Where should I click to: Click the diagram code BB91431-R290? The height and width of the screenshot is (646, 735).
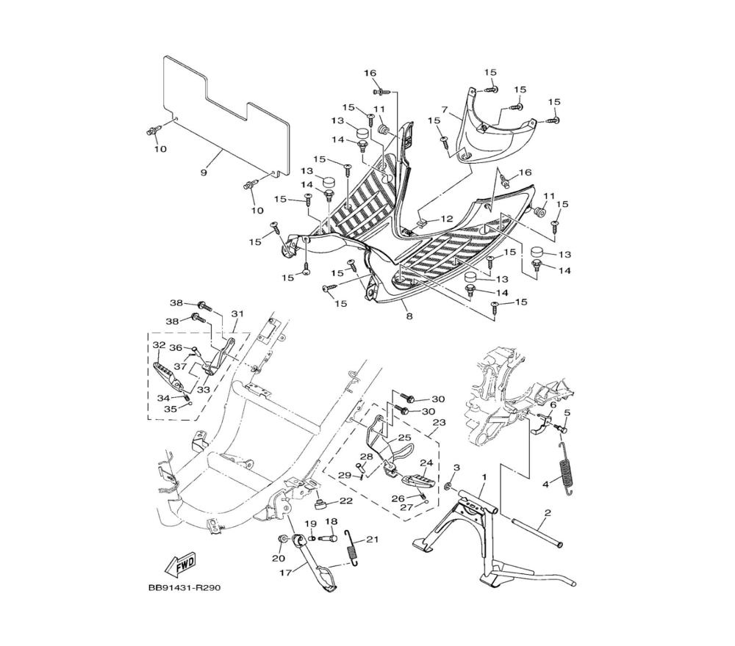(x=184, y=588)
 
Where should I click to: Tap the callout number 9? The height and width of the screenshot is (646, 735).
(x=204, y=173)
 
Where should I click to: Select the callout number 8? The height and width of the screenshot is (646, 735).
(x=409, y=316)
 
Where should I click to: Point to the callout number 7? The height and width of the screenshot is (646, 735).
(x=445, y=110)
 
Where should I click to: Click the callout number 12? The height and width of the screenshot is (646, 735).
(x=447, y=219)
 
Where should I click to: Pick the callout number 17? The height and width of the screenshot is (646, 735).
(x=286, y=573)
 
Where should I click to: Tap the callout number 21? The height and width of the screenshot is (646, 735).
(x=372, y=540)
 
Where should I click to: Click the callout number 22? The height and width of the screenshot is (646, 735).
(x=346, y=501)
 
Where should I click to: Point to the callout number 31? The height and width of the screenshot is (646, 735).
(x=237, y=313)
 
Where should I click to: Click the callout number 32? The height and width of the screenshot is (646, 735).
(x=159, y=345)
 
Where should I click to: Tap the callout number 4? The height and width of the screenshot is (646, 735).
(x=545, y=484)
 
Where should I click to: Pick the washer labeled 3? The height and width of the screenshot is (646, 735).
(x=448, y=487)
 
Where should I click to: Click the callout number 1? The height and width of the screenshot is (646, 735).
(x=484, y=476)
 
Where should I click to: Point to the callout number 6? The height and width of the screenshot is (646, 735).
(x=553, y=404)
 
